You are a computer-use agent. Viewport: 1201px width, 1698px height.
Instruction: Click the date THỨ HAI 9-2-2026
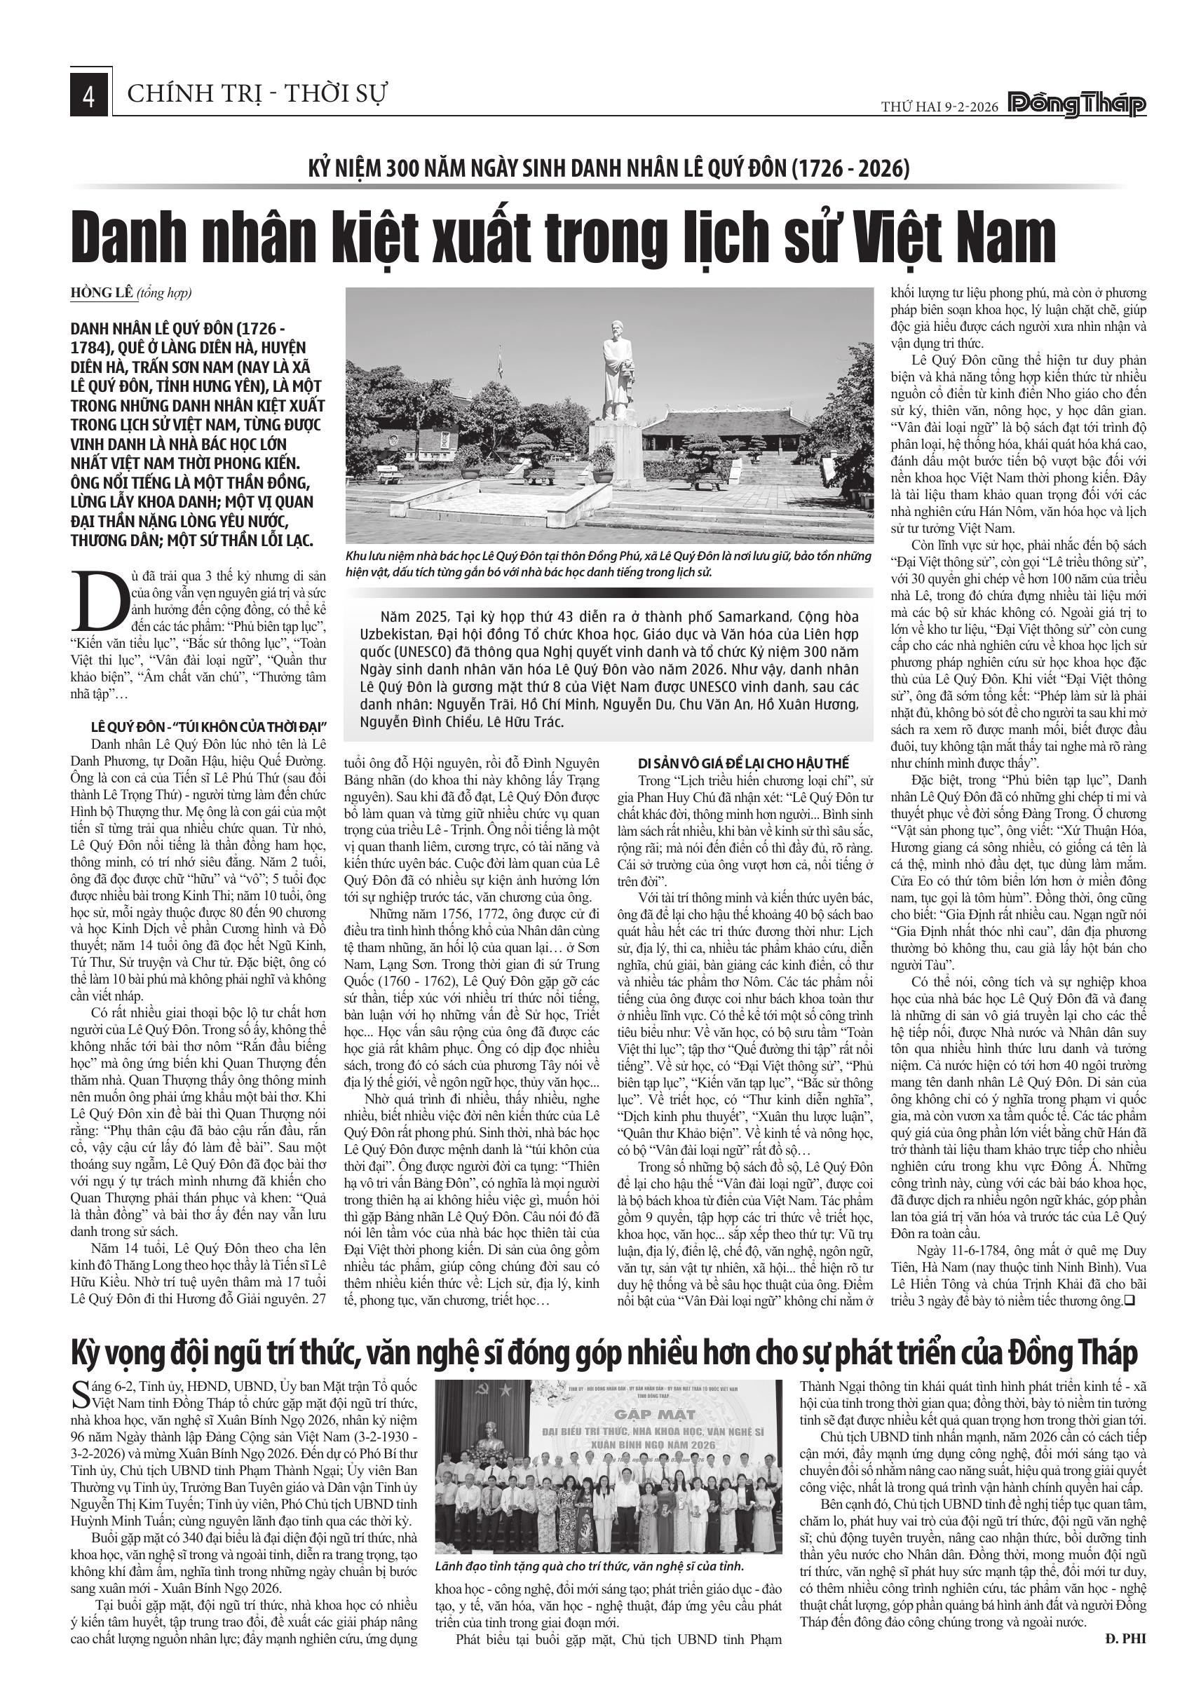pyautogui.click(x=939, y=107)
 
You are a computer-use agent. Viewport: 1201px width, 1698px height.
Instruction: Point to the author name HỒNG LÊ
pyautogui.click(x=104, y=294)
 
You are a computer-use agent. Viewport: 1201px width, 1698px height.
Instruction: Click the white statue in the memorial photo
pyautogui.click(x=618, y=369)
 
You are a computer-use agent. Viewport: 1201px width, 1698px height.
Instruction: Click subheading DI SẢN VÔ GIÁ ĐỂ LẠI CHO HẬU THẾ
pyautogui.click(x=743, y=763)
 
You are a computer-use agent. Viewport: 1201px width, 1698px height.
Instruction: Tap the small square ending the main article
pyautogui.click(x=1129, y=1301)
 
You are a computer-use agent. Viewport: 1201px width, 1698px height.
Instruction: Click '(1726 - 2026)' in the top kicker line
pyautogui.click(x=850, y=169)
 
